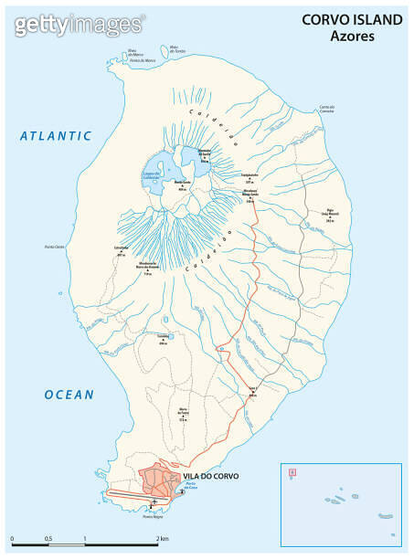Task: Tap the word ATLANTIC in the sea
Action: (x=57, y=136)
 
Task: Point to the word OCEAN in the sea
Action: (x=69, y=395)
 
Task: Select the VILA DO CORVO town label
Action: (x=208, y=476)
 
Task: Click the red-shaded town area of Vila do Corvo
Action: (x=161, y=482)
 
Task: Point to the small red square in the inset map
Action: (x=292, y=472)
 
